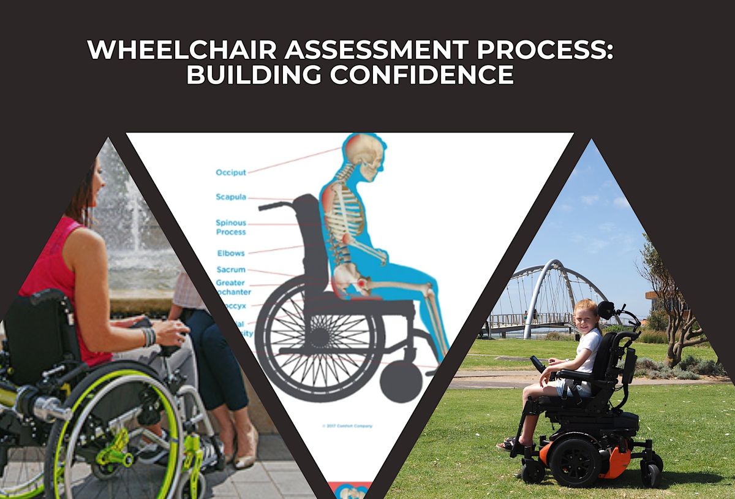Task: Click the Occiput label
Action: click(x=230, y=173)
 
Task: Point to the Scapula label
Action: click(x=230, y=197)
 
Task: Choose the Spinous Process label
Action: click(x=230, y=227)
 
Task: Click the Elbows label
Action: click(x=230, y=253)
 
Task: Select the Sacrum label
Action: click(x=230, y=270)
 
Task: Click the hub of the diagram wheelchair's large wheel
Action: click(x=318, y=337)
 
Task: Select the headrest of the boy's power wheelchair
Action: click(x=606, y=310)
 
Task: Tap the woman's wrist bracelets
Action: click(x=148, y=337)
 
